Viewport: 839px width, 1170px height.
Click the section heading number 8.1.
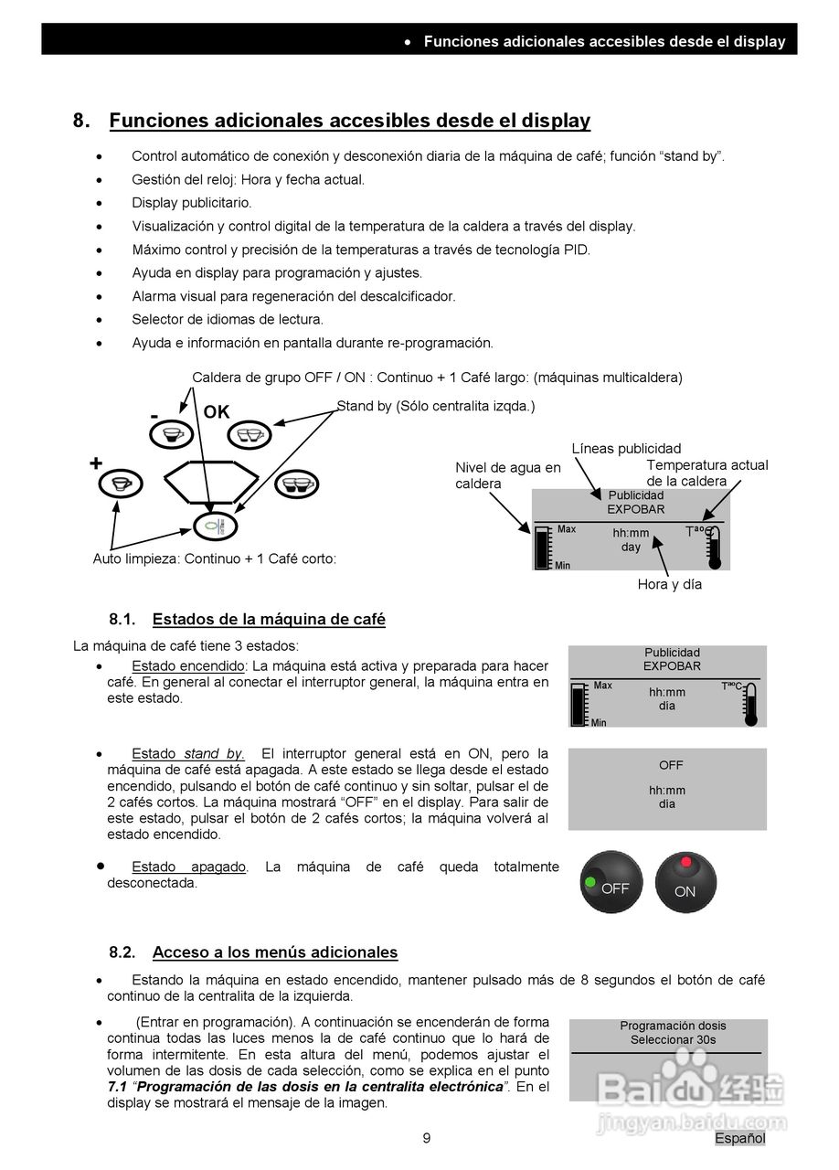(122, 620)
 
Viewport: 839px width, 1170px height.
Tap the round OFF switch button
(611, 883)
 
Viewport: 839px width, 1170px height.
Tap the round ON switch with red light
(685, 883)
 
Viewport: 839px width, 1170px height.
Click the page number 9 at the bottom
(426, 1138)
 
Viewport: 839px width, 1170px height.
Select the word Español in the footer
(739, 1138)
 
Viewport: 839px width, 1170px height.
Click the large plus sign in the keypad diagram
(96, 463)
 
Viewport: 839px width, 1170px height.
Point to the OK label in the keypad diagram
(217, 412)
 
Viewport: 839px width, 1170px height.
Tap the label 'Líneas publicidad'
(626, 448)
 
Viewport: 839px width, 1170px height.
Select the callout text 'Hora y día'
(669, 584)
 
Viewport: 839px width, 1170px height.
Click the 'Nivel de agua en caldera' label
(507, 475)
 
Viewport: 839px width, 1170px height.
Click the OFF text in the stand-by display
(670, 765)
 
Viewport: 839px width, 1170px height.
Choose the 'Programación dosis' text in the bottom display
(673, 1026)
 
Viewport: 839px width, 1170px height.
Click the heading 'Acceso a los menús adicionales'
(274, 952)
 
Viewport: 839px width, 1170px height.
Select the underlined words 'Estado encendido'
(188, 665)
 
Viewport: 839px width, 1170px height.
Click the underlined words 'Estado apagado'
(188, 867)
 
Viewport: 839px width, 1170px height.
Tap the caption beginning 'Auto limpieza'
(214, 558)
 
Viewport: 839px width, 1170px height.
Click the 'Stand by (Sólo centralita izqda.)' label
(435, 406)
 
